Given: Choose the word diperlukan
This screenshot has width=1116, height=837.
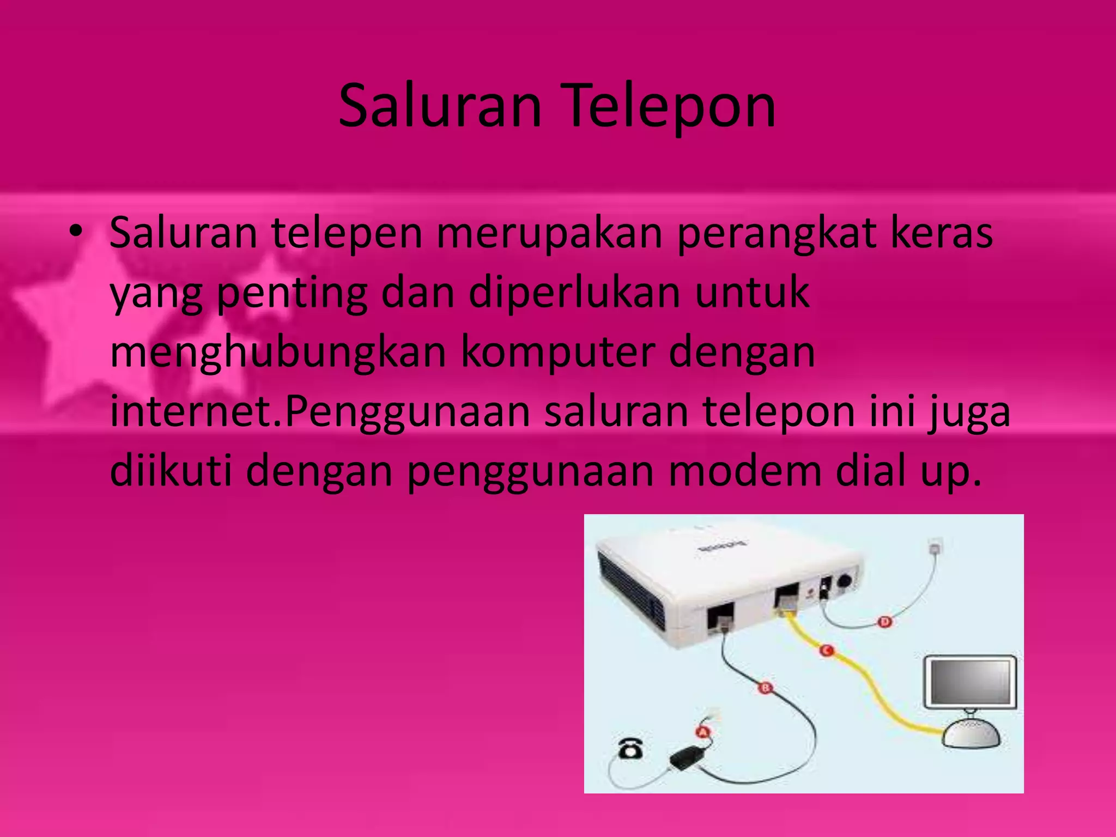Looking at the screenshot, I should click(574, 293).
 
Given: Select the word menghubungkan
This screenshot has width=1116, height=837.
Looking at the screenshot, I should click(278, 353).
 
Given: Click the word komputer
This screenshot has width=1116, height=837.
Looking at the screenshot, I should click(558, 353).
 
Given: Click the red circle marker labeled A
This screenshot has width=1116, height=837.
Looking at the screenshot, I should click(703, 731).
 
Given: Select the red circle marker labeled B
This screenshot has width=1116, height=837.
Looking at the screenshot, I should click(765, 688).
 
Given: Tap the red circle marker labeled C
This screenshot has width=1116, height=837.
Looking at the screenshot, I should click(827, 650).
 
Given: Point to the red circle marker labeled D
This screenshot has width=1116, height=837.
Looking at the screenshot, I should click(884, 622).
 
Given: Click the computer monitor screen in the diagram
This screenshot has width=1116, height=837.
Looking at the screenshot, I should click(971, 682).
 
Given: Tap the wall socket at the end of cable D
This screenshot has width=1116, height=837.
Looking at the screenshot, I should click(935, 545).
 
